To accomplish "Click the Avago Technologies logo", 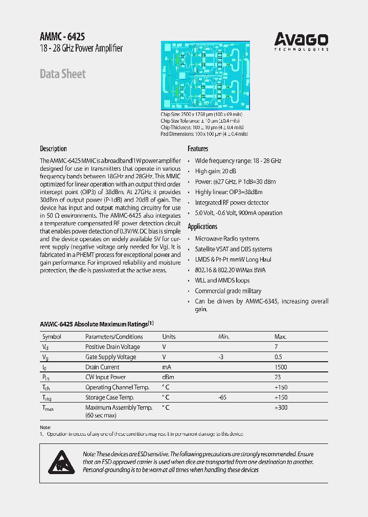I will pos(301,41).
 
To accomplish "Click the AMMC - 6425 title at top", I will pos(62,37).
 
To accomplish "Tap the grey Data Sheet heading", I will pos(63,74).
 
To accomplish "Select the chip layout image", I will pos(205,75).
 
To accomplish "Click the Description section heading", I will pos(53,149).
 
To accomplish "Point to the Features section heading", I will pos(198,149).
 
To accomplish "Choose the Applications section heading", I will pos(202,226).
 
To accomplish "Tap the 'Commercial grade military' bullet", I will pos(228,291).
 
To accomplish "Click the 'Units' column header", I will pos(169,337).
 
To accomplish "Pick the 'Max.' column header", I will pos(281,337).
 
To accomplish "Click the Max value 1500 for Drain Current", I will pos(281,367).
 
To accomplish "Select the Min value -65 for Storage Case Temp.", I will pos(221,397).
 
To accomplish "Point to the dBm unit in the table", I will pos(168,378).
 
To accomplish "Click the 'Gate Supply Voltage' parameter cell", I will pos(110,357).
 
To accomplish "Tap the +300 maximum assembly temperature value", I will pos(281,408).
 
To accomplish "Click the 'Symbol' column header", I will pos(52,337).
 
